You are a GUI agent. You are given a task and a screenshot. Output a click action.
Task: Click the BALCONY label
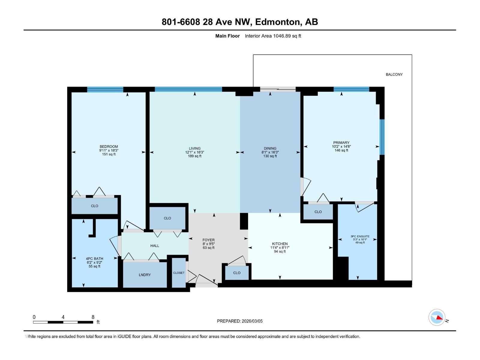click(x=394, y=74)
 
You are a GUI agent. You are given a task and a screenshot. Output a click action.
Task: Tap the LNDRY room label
click(x=145, y=275)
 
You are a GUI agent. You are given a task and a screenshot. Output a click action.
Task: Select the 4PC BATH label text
click(x=94, y=259)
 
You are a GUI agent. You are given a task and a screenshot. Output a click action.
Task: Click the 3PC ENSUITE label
click(x=360, y=236)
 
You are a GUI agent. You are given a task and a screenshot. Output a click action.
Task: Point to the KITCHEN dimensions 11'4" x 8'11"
click(x=280, y=248)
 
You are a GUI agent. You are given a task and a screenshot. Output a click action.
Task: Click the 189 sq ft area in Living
click(x=194, y=156)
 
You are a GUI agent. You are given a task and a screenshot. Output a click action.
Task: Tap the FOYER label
click(x=208, y=240)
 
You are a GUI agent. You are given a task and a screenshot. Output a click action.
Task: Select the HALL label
click(x=154, y=246)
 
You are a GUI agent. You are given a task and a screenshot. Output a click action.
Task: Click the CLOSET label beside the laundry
click(x=179, y=273)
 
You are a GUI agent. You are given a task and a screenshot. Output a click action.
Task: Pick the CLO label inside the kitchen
click(x=237, y=273)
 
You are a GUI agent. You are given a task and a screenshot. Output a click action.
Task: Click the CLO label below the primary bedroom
click(x=318, y=212)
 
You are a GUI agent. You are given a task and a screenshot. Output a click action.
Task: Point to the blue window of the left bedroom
click(x=105, y=89)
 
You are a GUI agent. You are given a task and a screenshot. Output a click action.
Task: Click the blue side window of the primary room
click(x=382, y=137)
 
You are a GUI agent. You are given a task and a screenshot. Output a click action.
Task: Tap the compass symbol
click(x=437, y=317)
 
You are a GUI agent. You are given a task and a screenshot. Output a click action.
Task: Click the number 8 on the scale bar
click(x=93, y=317)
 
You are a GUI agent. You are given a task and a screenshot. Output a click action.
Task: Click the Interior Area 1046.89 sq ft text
click(x=273, y=36)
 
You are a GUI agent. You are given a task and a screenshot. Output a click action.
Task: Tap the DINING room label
click(x=270, y=148)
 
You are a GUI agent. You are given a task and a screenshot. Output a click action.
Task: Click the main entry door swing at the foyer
click(x=207, y=279)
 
